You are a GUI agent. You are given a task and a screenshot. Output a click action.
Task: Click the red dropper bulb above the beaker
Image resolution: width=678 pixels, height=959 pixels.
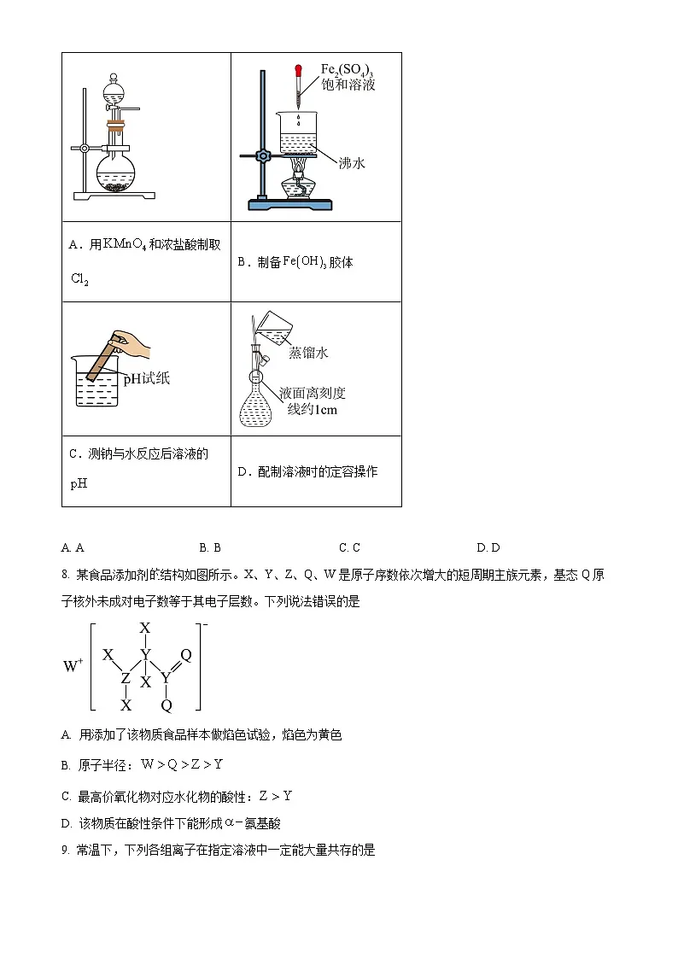point(299,71)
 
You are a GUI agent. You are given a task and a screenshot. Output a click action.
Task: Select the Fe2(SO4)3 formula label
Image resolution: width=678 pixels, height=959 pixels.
point(347,70)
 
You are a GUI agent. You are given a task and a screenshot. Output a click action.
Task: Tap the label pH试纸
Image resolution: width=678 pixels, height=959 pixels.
point(146,378)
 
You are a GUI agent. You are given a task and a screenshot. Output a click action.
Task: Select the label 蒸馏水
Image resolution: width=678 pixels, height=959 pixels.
point(308,352)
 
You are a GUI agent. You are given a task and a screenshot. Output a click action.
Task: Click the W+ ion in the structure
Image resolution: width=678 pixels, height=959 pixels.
point(72,666)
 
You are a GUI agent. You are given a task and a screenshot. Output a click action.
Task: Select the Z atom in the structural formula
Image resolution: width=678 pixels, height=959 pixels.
point(126,679)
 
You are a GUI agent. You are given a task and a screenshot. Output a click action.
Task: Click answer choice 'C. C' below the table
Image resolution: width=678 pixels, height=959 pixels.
point(349,547)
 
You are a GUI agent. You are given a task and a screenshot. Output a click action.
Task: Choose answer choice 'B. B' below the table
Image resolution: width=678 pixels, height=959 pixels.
point(210,547)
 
